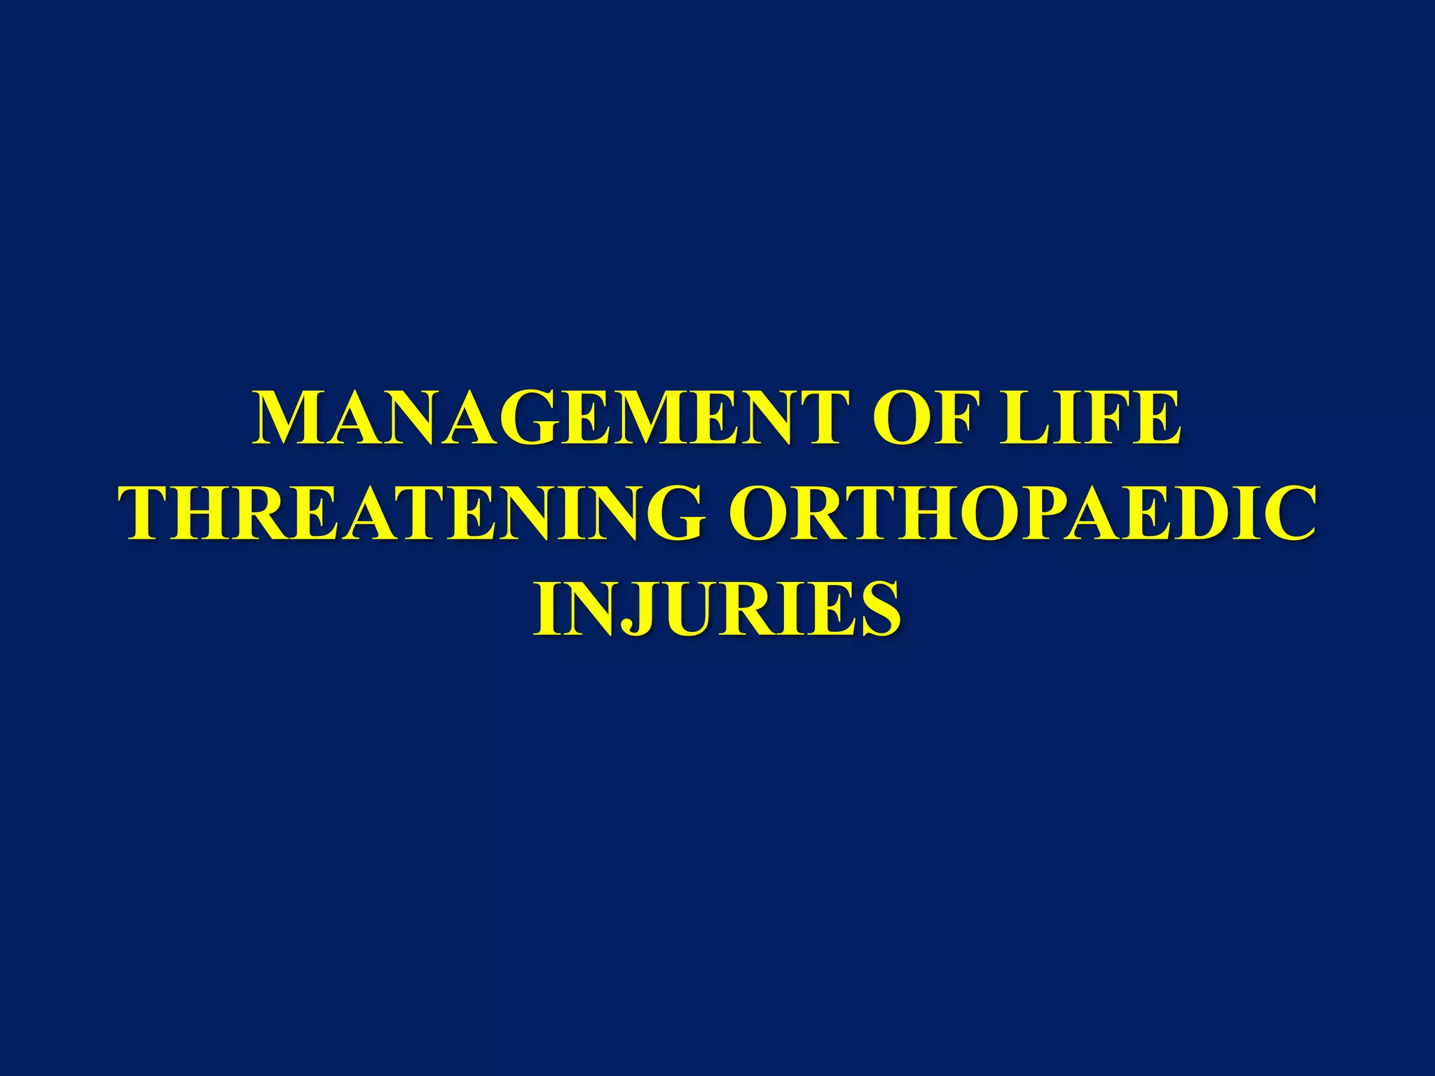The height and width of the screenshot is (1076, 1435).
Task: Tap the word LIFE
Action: (x=1090, y=418)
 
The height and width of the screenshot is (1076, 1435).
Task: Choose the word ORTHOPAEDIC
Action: (x=1022, y=513)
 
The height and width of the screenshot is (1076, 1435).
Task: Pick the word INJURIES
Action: (x=717, y=607)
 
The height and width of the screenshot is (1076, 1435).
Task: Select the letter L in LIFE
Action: (x=1024, y=418)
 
